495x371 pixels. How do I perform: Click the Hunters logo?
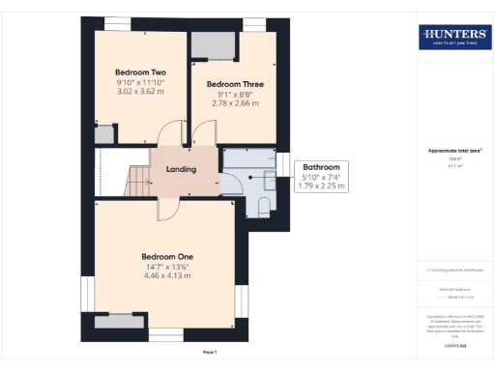454,37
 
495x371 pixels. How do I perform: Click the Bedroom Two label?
141,72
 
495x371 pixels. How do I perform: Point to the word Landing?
182,170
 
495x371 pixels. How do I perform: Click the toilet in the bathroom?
263,205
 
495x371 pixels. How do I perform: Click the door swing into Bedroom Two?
169,134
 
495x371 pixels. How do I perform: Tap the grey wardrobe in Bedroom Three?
212,45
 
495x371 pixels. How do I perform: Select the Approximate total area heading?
454,150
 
